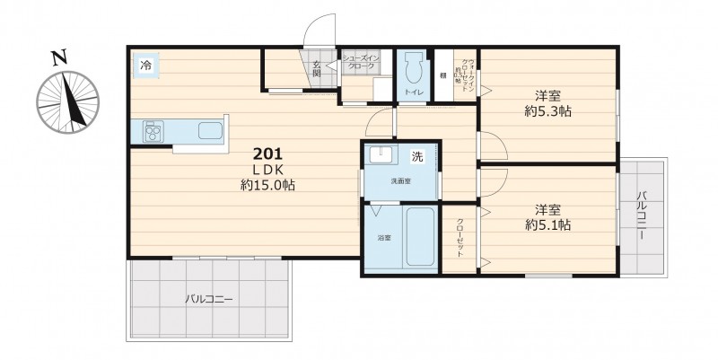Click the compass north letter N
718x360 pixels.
[x=59, y=59]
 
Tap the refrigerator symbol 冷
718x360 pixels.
[x=145, y=66]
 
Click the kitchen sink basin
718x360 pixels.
[x=209, y=131]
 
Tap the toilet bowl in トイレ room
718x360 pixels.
[x=414, y=69]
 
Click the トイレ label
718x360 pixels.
[x=414, y=92]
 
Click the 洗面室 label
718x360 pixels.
[x=400, y=181]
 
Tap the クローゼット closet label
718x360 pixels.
[x=460, y=238]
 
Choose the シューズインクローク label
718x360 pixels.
[x=365, y=62]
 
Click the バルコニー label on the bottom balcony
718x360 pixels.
[x=210, y=299]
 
